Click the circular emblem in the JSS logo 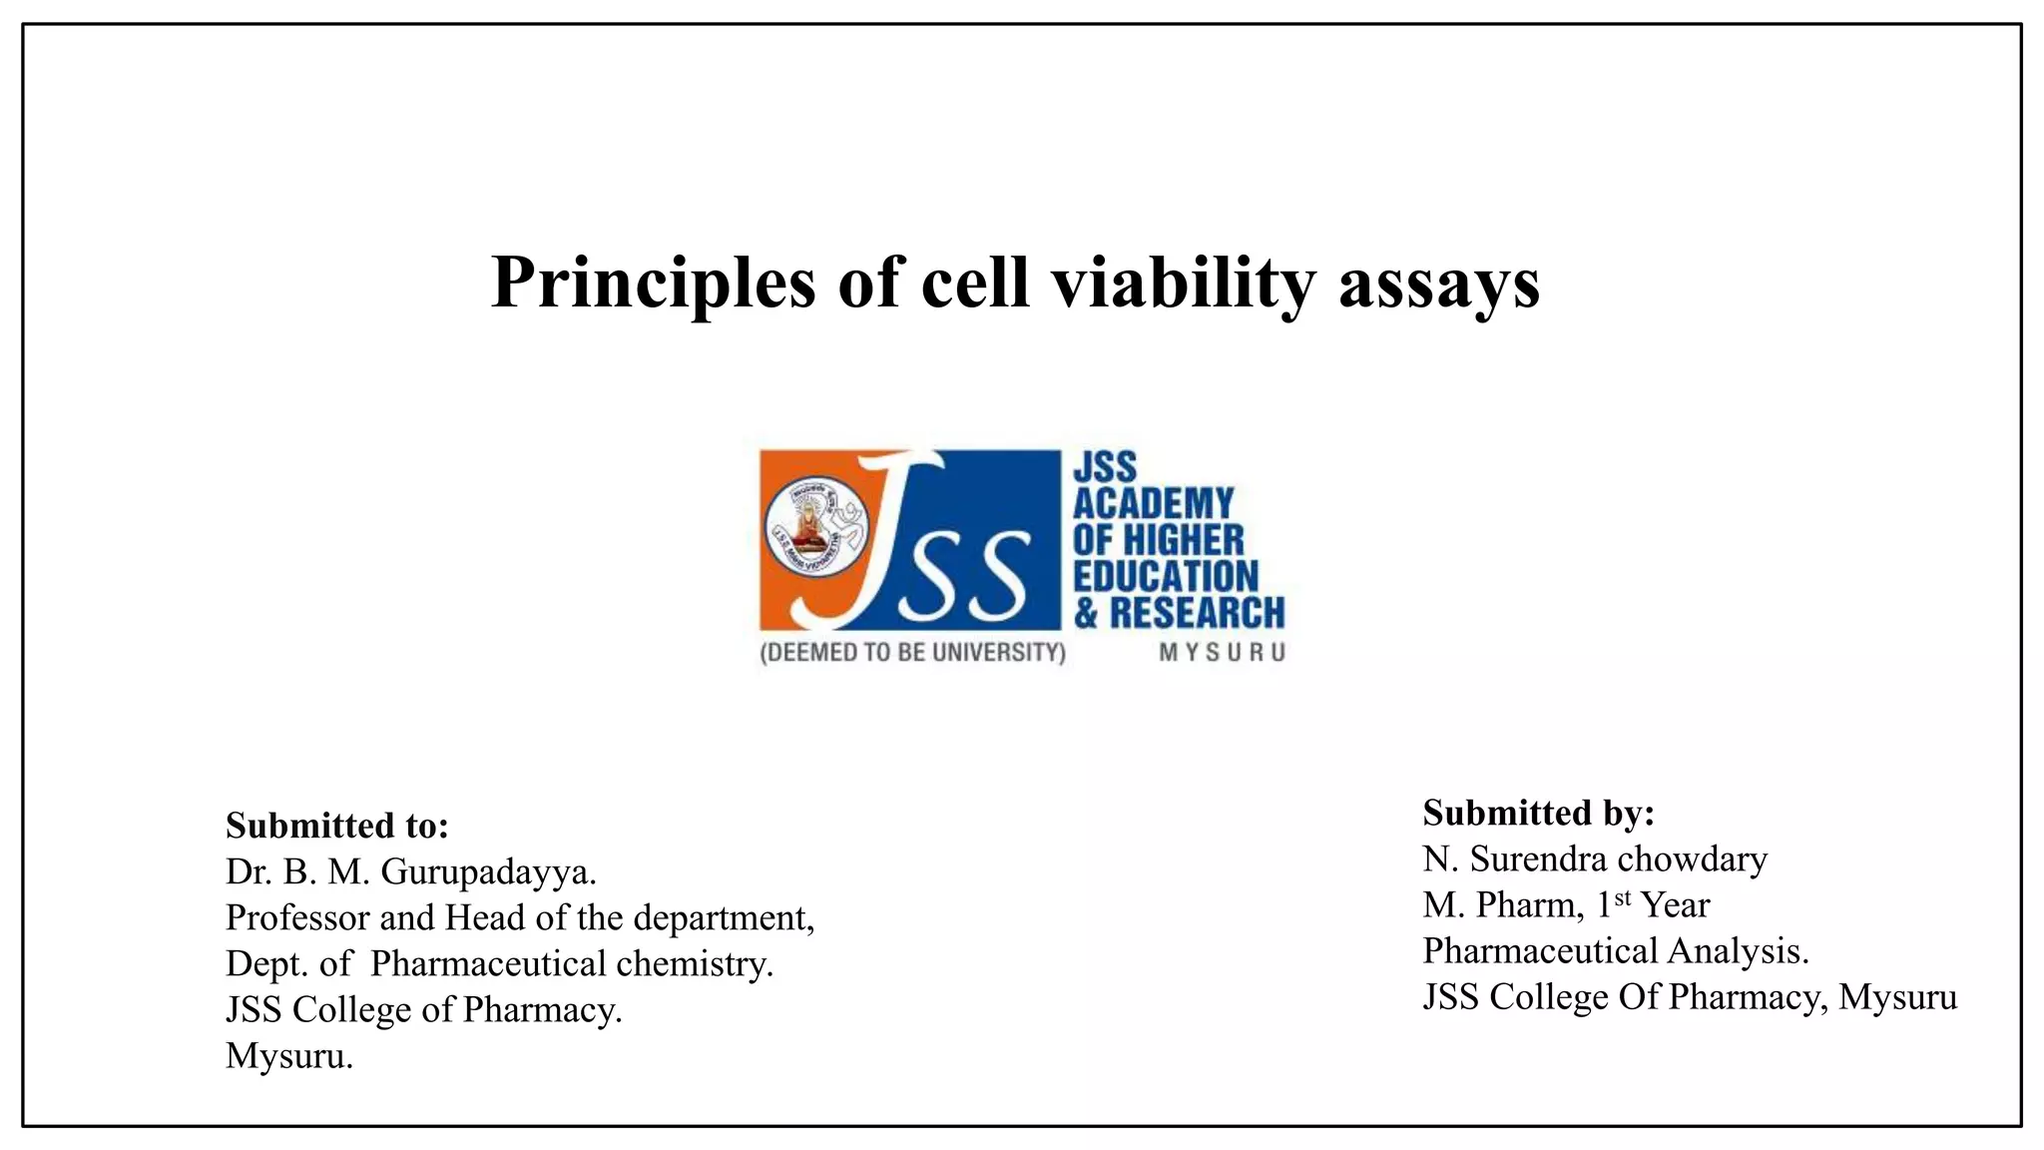point(815,525)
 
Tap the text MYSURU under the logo point(1222,653)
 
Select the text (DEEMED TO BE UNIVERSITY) point(912,653)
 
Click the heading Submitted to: point(337,826)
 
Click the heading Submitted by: point(1538,813)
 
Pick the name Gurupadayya point(488,871)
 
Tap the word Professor point(295,917)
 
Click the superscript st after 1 point(1622,896)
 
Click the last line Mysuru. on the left point(289,1055)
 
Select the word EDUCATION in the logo point(1166,577)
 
